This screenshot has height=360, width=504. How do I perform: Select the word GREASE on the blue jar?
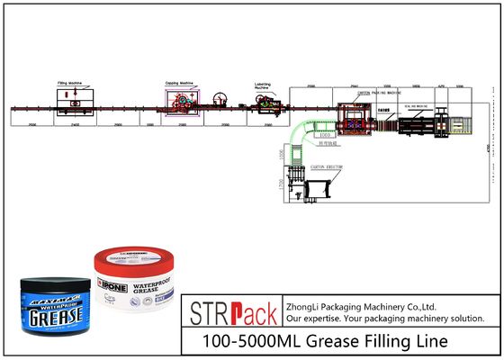(x=55, y=316)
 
